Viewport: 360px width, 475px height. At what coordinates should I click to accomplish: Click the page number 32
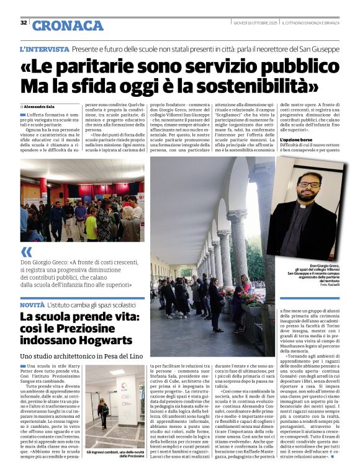pos(24,23)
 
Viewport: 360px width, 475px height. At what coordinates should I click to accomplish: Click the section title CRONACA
pos(68,25)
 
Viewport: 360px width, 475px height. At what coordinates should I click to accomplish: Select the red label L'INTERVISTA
pos(45,48)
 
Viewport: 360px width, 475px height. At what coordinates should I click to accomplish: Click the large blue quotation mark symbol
pos(26,252)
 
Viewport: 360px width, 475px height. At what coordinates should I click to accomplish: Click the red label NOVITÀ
pos(32,306)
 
